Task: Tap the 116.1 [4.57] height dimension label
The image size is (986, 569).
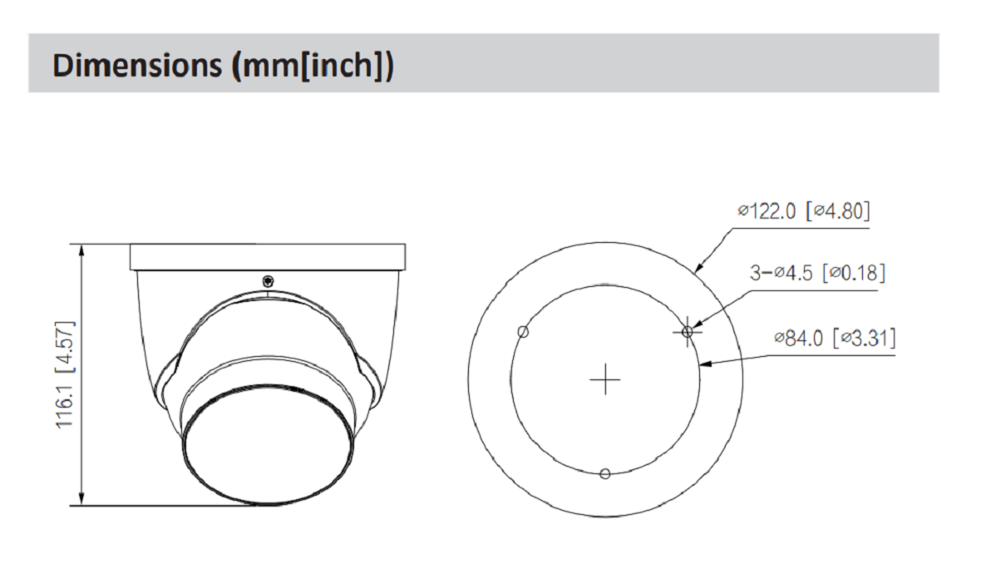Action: [66, 375]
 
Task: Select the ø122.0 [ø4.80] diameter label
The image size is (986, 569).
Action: [804, 210]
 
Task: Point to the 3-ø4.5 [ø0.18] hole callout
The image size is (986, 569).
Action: [817, 273]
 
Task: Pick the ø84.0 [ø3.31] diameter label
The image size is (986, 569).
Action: [835, 338]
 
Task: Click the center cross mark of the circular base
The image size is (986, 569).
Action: [605, 379]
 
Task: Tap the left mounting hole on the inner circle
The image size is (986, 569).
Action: [523, 332]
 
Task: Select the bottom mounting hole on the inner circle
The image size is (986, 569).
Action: [605, 473]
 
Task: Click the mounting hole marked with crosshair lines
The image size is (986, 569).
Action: [688, 331]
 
